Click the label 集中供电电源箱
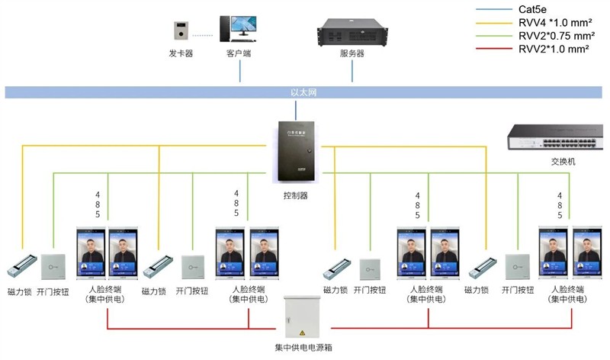click(303, 348)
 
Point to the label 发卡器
click(180, 54)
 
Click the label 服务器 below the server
click(352, 54)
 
